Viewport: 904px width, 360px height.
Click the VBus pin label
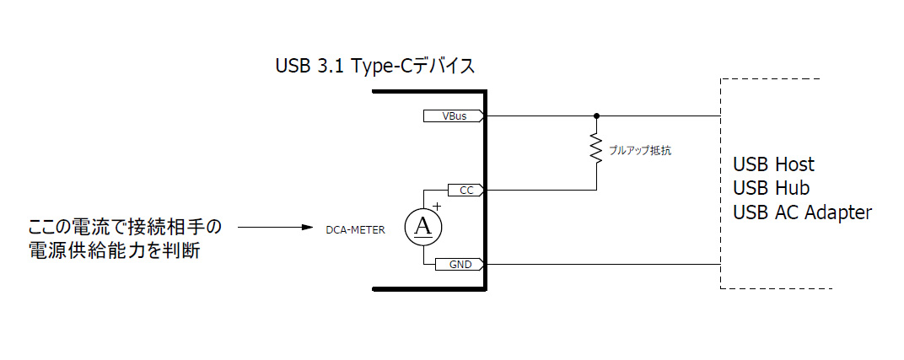[454, 116]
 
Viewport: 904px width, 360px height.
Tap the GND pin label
[460, 265]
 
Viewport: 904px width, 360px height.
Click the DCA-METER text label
[356, 228]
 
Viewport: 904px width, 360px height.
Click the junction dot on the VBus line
[596, 116]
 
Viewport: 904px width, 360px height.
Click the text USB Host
[773, 164]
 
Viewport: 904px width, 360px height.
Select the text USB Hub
[771, 188]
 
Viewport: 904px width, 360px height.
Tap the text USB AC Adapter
[802, 212]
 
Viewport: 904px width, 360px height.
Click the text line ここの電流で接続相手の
[125, 228]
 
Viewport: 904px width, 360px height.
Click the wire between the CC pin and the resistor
[540, 190]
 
